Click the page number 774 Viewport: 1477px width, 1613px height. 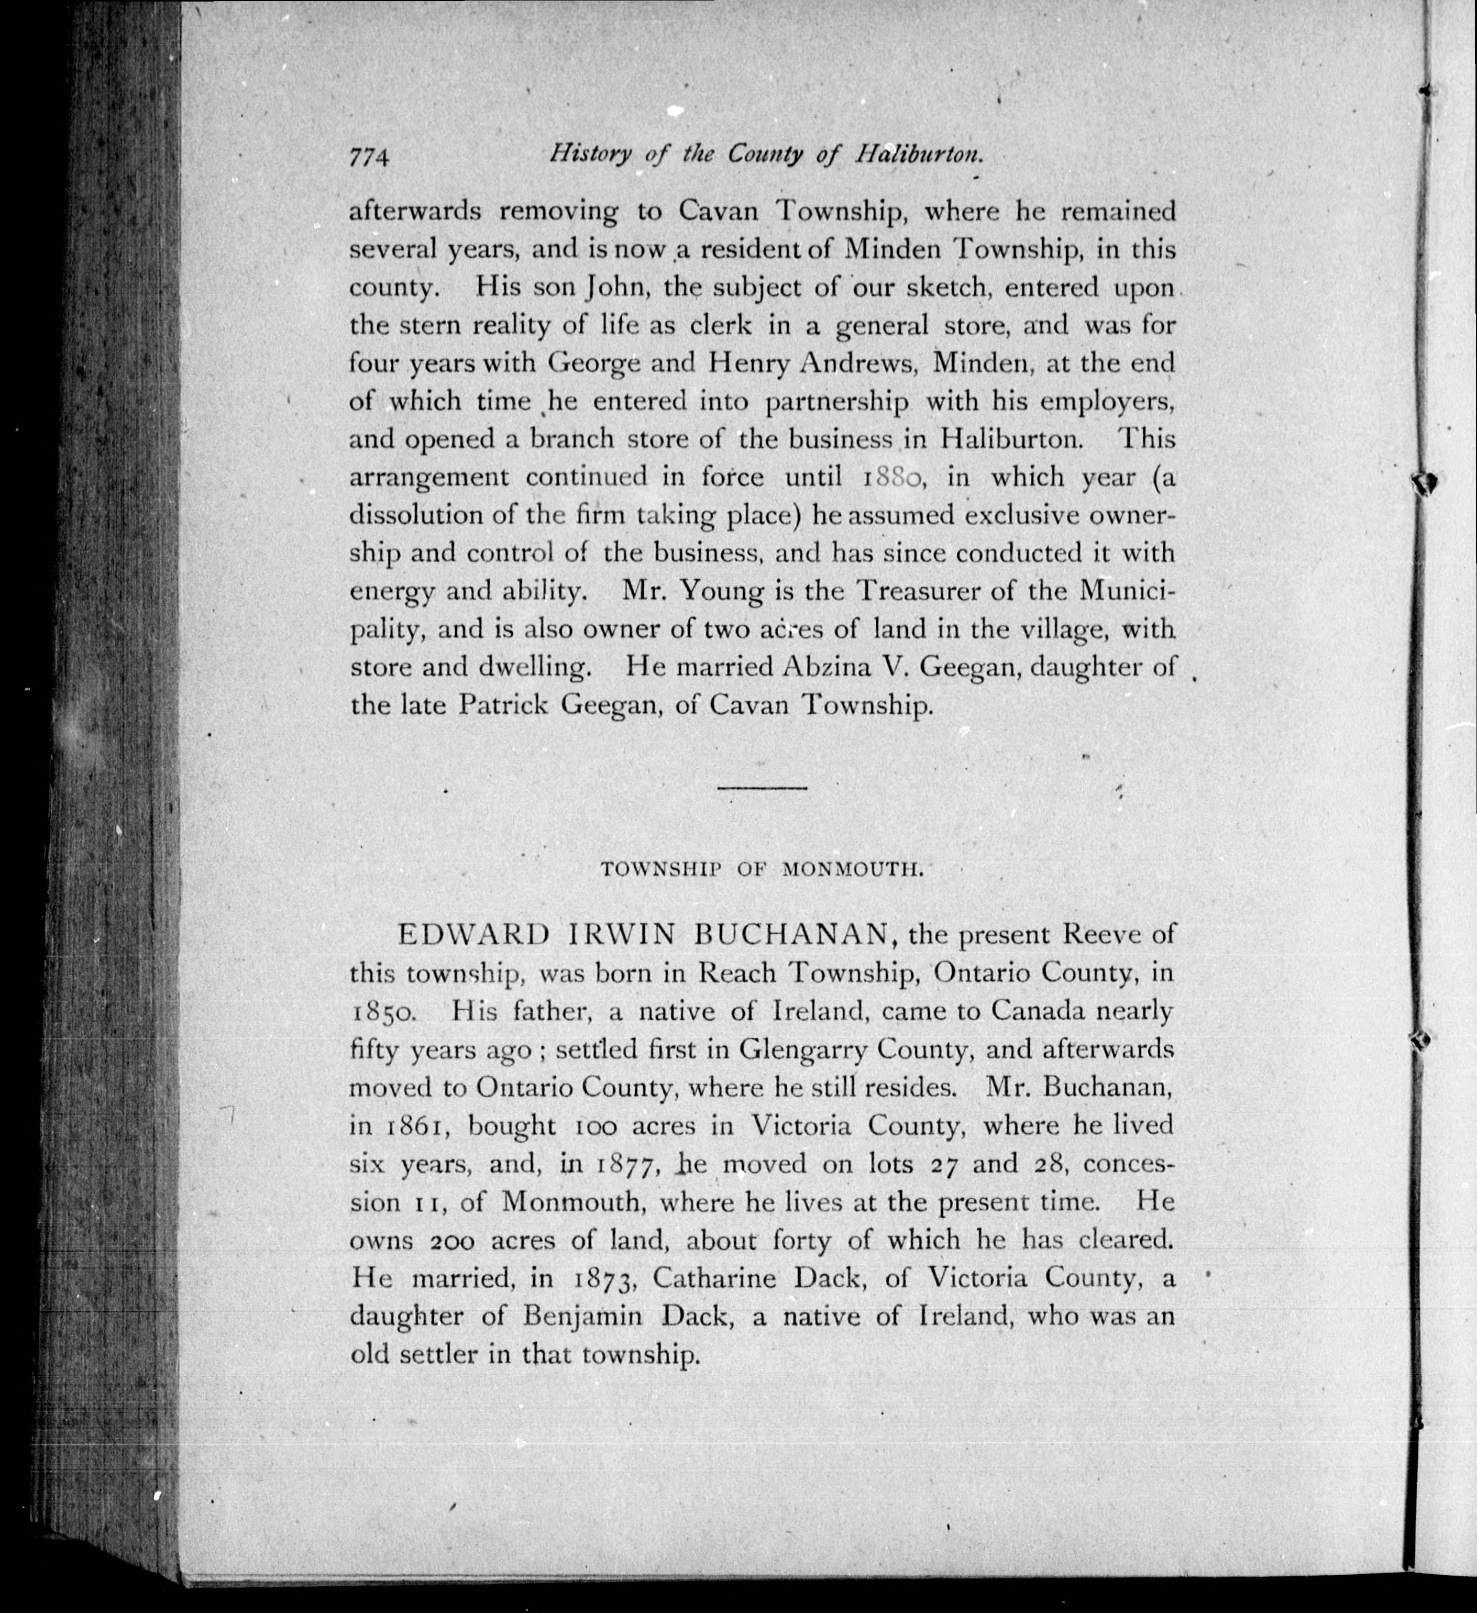point(369,157)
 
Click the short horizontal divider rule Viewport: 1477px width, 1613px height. point(762,788)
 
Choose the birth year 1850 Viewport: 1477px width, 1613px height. point(382,1013)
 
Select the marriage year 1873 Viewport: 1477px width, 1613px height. point(602,1280)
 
